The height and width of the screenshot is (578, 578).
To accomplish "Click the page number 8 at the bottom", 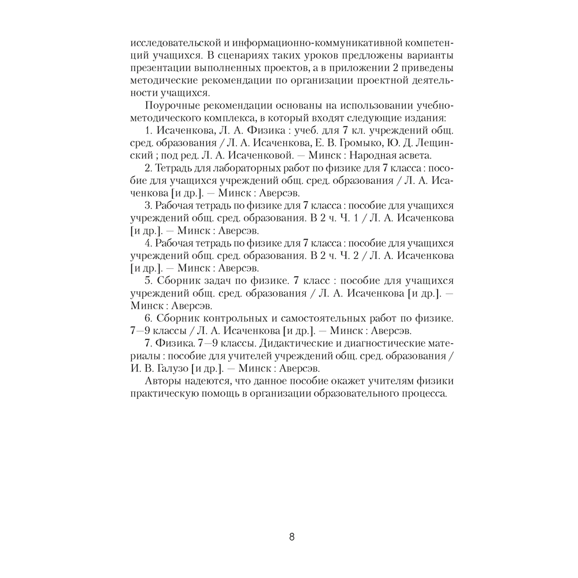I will click(x=292, y=536).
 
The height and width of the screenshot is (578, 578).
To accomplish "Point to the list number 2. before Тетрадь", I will click(x=148, y=168).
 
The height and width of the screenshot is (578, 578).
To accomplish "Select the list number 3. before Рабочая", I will click(x=148, y=206).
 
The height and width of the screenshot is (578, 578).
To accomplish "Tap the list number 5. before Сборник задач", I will click(x=148, y=280).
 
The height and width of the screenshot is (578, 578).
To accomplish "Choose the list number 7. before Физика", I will click(x=148, y=343).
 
